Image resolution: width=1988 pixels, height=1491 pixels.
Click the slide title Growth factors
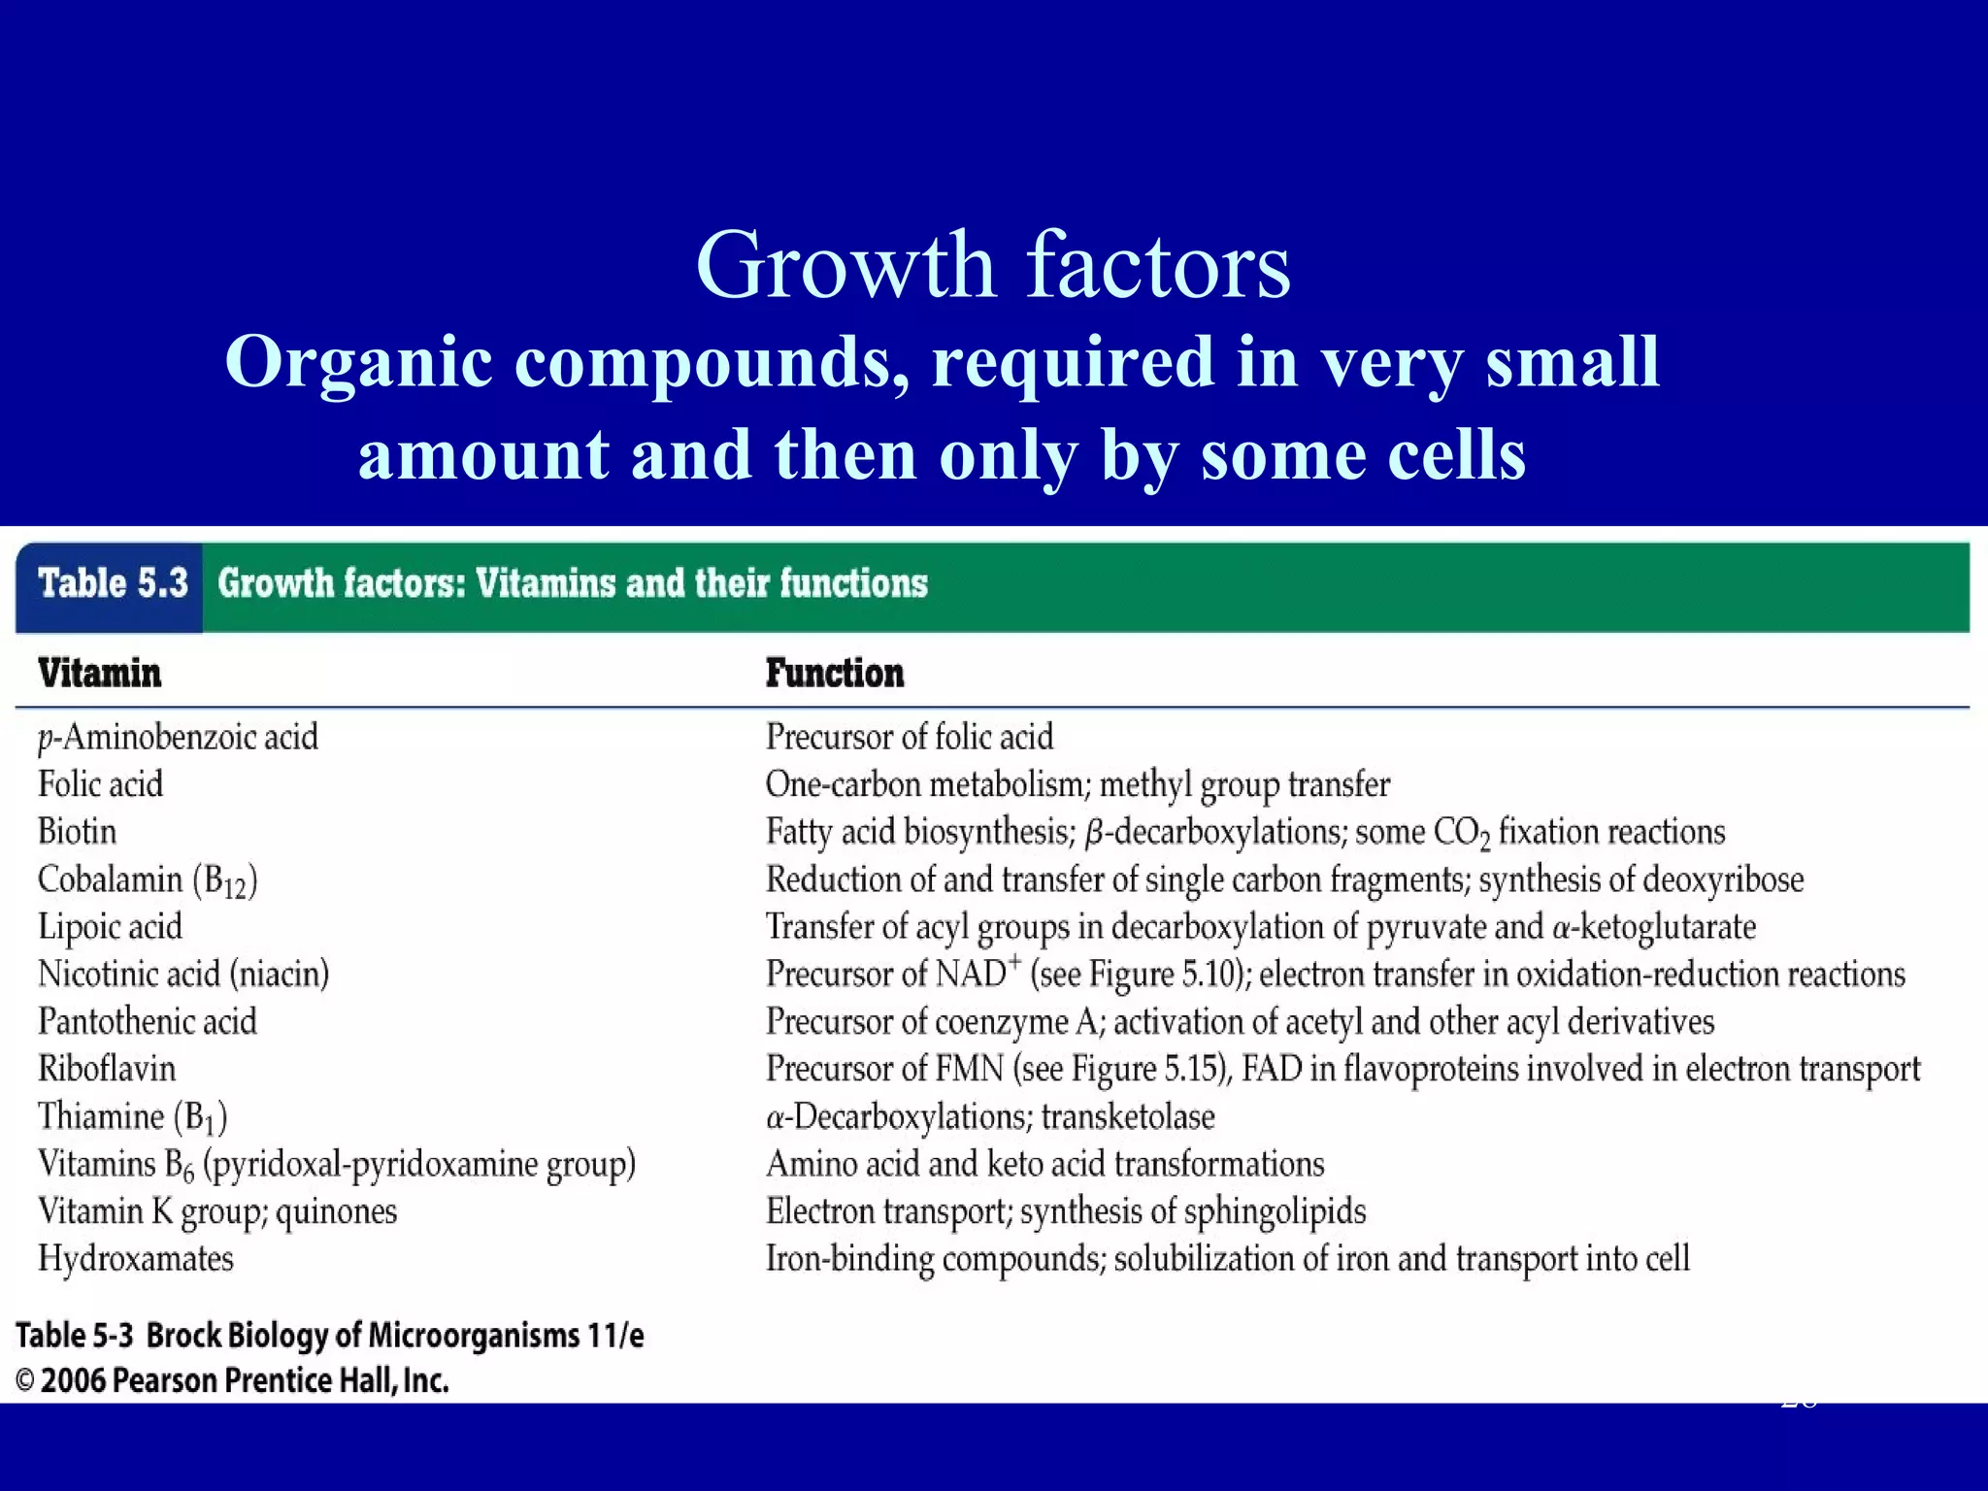993,264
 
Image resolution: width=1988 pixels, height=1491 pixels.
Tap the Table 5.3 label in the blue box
113,583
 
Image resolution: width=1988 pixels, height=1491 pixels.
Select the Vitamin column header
99,673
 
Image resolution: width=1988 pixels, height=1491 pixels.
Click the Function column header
835,673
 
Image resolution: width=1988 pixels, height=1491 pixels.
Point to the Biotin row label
77,832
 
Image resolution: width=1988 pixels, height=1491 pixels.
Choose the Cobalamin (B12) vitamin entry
148,880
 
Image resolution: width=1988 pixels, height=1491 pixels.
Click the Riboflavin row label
107,1069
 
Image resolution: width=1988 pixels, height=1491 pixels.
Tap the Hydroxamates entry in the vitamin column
136,1259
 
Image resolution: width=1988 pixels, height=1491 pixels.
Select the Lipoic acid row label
110,927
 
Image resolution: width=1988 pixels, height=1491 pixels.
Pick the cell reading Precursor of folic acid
909,737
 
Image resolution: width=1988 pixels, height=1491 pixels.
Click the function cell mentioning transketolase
990,1117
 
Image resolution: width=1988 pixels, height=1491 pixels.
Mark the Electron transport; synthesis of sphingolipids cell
1065,1211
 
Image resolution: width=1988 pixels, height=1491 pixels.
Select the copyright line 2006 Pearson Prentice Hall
233,1380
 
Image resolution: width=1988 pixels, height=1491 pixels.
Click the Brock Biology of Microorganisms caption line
330,1336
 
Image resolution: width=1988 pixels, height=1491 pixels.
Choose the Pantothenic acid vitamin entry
148,1021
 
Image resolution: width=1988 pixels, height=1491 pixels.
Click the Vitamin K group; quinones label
217,1211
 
